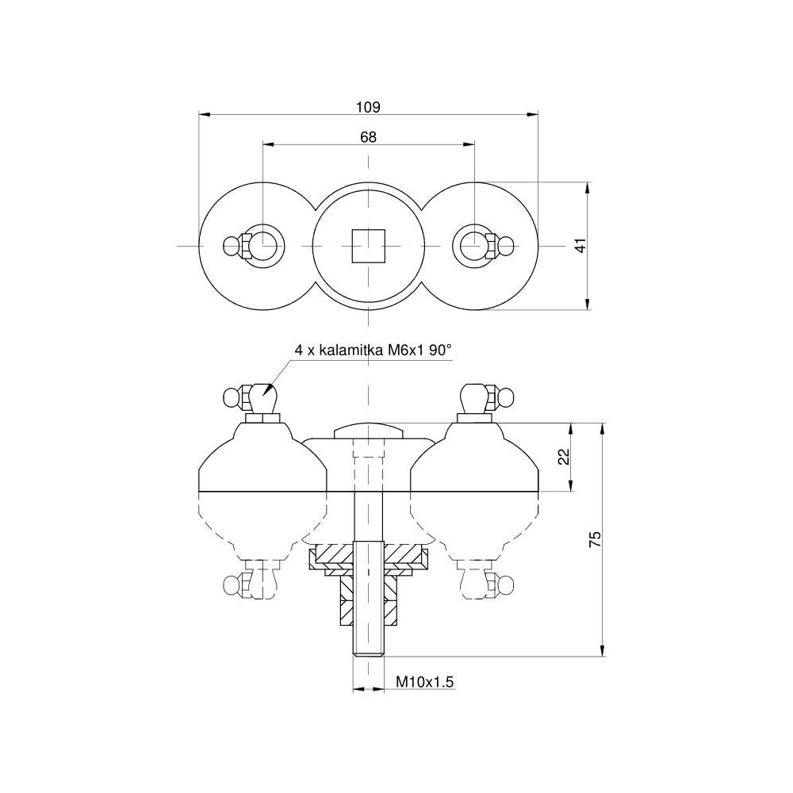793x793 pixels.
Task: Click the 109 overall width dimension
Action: (x=368, y=106)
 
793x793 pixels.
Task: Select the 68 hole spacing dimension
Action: (x=368, y=136)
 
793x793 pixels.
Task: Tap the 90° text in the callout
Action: (x=440, y=351)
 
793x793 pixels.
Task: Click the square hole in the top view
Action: (x=368, y=246)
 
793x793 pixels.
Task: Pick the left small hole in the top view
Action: (x=262, y=246)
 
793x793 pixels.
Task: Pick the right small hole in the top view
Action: (x=473, y=246)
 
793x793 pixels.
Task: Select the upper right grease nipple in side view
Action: (x=483, y=397)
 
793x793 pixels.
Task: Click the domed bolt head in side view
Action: (x=368, y=431)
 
